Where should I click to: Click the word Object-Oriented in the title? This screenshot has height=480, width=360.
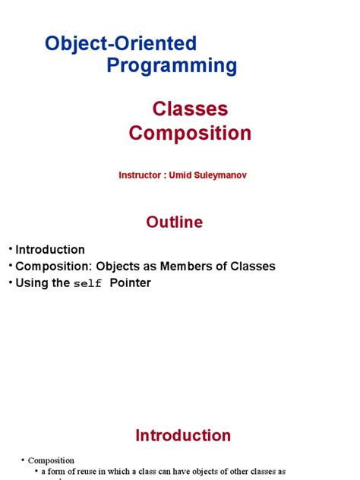point(121,43)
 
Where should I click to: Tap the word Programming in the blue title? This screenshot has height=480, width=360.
point(172,66)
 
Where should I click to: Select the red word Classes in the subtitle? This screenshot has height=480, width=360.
point(190,109)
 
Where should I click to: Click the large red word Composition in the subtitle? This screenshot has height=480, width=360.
point(190,133)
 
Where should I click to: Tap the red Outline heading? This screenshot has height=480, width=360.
point(175,222)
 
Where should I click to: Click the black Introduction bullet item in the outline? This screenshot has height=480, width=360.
point(50,249)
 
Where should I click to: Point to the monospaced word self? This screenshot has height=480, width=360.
point(87,284)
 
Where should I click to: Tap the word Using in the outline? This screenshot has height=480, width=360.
point(33,283)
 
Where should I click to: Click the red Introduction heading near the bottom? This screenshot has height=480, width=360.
point(183,435)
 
